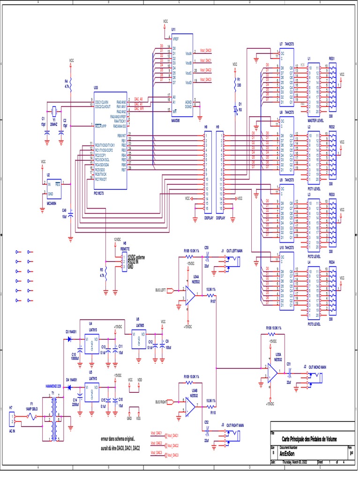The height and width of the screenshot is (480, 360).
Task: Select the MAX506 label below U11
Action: (x=175, y=120)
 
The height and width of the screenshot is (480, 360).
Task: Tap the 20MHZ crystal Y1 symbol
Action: (x=54, y=111)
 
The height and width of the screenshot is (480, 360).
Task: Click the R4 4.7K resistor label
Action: (x=67, y=84)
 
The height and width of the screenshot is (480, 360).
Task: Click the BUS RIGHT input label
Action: (x=161, y=402)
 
